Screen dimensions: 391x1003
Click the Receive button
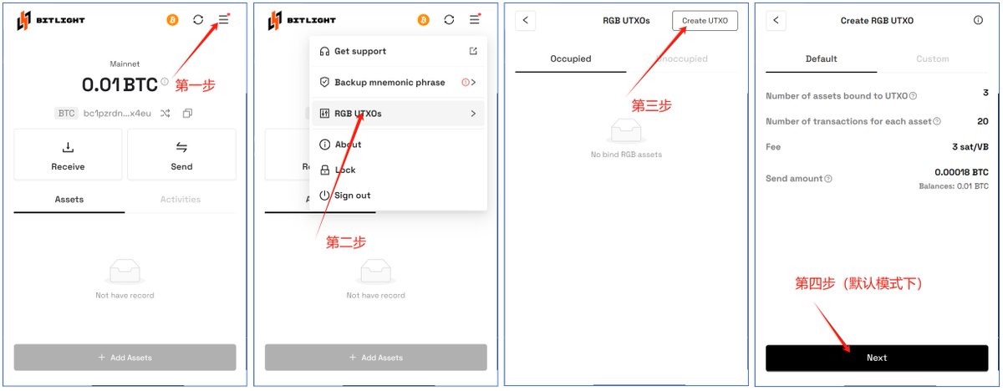click(x=68, y=155)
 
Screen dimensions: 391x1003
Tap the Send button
click(x=181, y=155)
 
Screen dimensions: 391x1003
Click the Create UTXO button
click(x=705, y=20)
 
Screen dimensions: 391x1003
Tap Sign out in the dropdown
click(x=352, y=195)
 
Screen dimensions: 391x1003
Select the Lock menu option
click(x=344, y=170)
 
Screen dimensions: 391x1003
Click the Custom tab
click(x=932, y=59)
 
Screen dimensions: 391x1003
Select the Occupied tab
click(x=570, y=59)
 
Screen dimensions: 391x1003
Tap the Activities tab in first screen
click(x=181, y=200)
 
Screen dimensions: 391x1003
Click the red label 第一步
click(x=195, y=85)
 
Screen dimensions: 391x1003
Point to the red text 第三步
click(x=651, y=106)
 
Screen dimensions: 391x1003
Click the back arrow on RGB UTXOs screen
click(x=525, y=20)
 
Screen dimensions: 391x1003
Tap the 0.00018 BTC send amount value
click(x=961, y=172)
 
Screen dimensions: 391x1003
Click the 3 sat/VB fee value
click(x=970, y=147)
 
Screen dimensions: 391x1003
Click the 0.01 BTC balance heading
click(x=120, y=84)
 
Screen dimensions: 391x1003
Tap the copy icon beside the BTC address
click(x=187, y=113)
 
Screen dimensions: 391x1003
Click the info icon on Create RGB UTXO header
click(x=978, y=20)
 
